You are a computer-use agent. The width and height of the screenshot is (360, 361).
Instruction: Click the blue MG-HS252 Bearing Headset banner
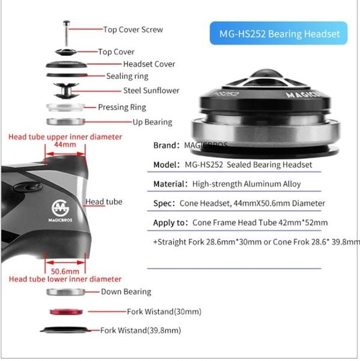pos(279,33)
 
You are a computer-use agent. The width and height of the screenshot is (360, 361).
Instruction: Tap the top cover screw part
pos(66,34)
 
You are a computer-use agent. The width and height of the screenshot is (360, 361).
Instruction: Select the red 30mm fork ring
pos(66,312)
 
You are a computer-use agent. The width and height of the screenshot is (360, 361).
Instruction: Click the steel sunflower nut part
pos(66,91)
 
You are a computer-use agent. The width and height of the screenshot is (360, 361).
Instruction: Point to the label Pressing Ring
pos(122,107)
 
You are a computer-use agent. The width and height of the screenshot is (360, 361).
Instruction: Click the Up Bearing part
pos(66,122)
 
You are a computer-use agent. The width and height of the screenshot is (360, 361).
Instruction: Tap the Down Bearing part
pos(66,292)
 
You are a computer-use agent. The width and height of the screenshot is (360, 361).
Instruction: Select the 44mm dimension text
pos(65,144)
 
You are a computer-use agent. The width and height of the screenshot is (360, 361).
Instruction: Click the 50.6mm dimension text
pos(65,271)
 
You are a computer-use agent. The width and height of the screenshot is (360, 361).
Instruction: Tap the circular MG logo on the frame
pos(60,208)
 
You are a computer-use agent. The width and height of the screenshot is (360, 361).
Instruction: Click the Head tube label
pos(104,202)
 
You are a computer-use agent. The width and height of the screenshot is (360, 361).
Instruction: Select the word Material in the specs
pos(169,184)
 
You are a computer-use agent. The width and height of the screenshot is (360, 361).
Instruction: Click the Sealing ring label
pos(127,76)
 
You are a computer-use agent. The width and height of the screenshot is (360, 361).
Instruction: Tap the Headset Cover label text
pos(149,64)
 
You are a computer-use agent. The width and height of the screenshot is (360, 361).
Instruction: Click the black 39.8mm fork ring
pos(65,330)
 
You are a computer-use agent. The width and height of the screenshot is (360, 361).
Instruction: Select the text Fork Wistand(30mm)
pos(164,312)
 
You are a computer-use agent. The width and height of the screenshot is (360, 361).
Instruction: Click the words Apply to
pos(169,223)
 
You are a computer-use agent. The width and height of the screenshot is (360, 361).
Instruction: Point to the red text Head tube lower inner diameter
pos(65,279)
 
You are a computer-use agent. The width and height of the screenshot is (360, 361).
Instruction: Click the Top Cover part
pos(66,52)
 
